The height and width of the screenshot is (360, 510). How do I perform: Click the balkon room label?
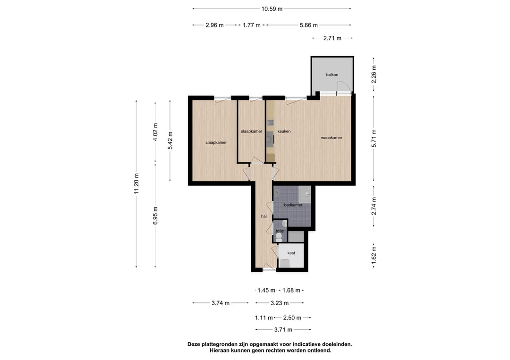(x=332, y=75)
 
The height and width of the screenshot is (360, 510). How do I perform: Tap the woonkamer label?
(x=331, y=138)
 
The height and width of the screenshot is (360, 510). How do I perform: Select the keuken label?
(x=284, y=131)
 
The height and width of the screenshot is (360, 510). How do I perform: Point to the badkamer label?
(x=293, y=205)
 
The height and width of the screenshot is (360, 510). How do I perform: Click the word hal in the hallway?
(x=264, y=216)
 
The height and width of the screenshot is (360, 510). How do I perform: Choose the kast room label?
(x=291, y=253)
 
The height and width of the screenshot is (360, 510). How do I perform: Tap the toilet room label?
(x=280, y=231)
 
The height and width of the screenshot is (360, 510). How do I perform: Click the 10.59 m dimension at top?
(x=272, y=9)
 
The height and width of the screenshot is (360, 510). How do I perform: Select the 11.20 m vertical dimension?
(x=136, y=184)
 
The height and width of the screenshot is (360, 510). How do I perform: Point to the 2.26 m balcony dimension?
(x=374, y=75)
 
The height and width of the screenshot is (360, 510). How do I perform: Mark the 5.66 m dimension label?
(x=309, y=25)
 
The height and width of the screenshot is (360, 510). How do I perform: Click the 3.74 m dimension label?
(x=221, y=303)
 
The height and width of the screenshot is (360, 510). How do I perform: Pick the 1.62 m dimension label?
(x=374, y=255)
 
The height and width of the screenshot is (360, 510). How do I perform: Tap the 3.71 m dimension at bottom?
(x=283, y=330)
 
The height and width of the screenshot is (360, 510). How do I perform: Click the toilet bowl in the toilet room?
(x=279, y=238)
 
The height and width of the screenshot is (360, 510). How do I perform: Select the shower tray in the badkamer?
(x=305, y=194)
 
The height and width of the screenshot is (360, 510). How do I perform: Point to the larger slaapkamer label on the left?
(x=216, y=142)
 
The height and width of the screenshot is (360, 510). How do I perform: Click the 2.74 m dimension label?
(x=374, y=206)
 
